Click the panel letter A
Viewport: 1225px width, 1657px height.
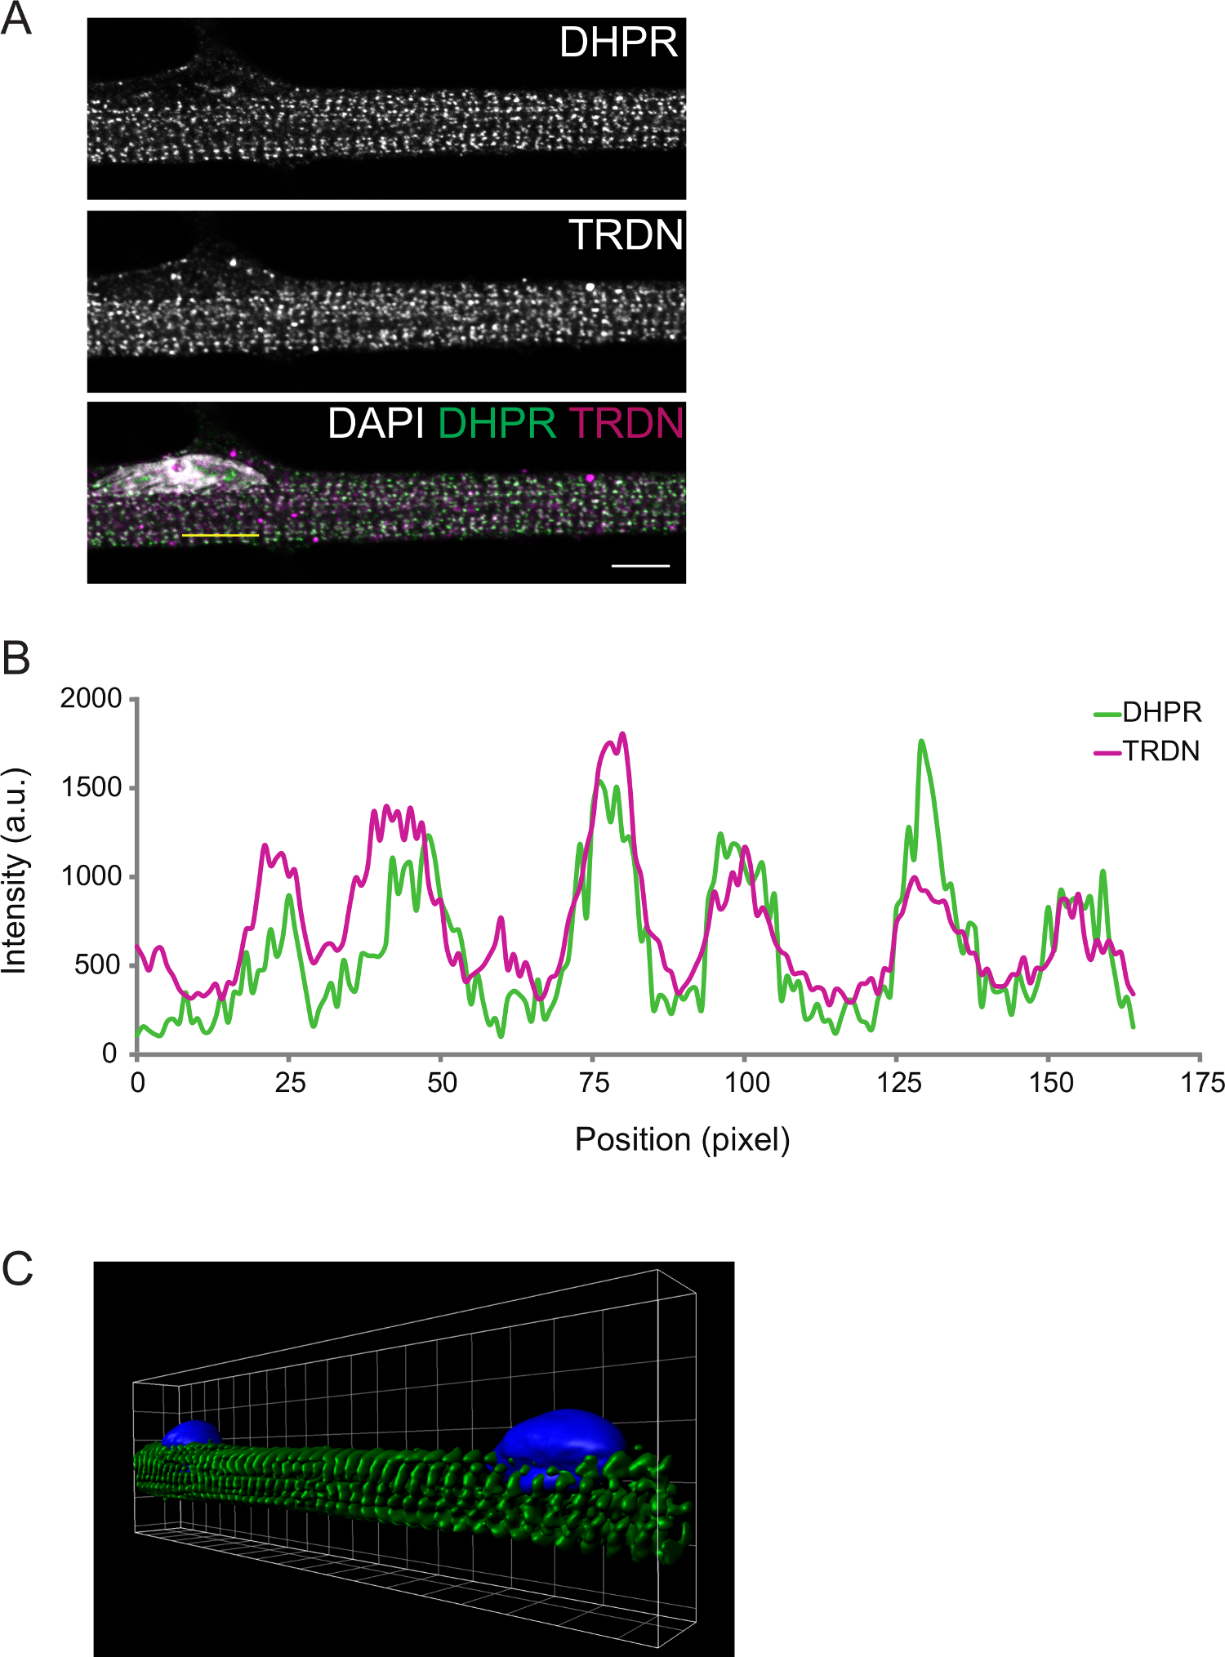(16, 19)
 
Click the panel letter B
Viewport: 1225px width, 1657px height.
(16, 658)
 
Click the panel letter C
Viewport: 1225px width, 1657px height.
(17, 1269)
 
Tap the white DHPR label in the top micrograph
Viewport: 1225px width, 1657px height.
(618, 42)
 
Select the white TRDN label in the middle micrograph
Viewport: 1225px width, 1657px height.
(626, 235)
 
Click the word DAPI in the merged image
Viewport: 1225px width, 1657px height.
(376, 424)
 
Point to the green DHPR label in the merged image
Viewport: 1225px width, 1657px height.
(497, 424)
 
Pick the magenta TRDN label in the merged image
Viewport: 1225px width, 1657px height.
(626, 424)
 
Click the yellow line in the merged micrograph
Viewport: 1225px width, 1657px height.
(220, 536)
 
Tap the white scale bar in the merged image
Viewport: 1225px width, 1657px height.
(640, 565)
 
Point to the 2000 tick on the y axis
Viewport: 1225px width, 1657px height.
(91, 699)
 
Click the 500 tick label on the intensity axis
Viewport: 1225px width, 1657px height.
(97, 965)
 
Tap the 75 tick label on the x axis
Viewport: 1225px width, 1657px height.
(594, 1083)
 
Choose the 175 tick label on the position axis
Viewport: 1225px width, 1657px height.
(1202, 1083)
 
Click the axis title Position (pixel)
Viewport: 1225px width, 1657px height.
(682, 1139)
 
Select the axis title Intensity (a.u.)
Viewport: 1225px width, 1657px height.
(15, 871)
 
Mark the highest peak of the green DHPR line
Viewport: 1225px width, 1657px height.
(921, 742)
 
